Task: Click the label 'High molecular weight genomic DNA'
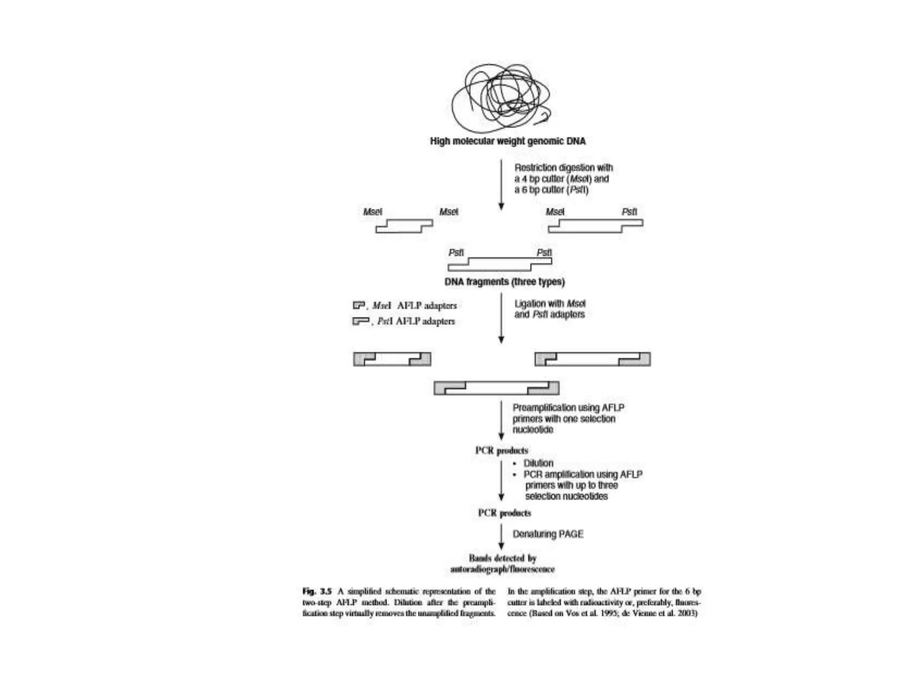point(508,141)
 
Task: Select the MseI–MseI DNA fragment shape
point(404,226)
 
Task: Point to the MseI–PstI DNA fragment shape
point(595,226)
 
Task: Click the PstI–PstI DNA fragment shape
point(500,264)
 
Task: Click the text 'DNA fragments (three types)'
point(504,282)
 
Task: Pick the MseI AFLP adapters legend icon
point(358,305)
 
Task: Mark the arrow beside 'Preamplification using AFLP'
point(501,420)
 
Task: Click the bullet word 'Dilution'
point(538,463)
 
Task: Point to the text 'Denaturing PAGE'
point(548,534)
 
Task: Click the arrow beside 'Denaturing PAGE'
point(501,537)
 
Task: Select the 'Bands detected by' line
point(502,558)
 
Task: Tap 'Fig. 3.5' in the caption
point(317,591)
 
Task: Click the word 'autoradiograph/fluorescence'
point(502,569)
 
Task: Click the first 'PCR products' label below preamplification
point(502,451)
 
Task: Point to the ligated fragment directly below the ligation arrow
point(496,388)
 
